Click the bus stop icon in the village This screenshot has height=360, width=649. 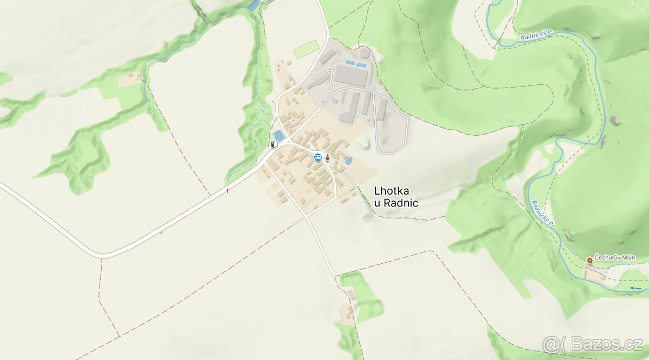318,157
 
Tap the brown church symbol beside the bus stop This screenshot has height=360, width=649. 328,158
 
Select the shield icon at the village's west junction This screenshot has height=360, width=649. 274,144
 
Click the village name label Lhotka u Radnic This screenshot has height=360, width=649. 396,197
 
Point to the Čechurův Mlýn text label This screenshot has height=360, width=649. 615,258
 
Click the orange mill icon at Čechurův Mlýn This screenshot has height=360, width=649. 590,261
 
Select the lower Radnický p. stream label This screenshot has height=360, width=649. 543,212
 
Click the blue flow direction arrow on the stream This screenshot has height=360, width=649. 635,288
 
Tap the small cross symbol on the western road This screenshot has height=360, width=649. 228,190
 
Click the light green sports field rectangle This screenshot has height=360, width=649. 306,50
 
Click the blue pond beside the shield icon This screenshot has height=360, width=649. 280,135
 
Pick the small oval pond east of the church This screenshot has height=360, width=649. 349,161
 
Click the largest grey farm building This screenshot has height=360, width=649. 350,75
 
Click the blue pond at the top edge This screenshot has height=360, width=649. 253,5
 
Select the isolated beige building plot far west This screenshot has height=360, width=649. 131,79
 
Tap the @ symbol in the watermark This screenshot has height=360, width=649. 552,344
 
